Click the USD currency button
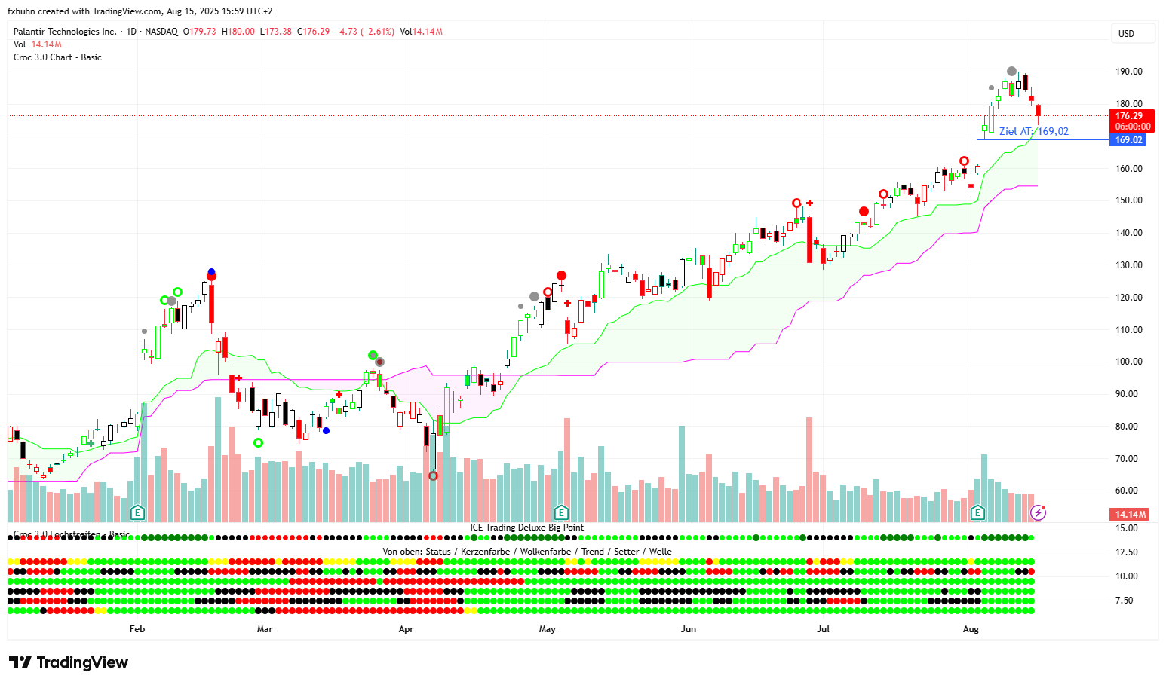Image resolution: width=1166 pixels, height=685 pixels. [x=1132, y=33]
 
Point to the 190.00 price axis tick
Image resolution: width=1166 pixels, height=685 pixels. [x=1128, y=72]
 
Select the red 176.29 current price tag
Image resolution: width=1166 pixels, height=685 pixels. [x=1131, y=121]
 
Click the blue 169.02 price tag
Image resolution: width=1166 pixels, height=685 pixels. [x=1128, y=140]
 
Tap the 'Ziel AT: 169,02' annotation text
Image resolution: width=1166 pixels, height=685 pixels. [x=1033, y=131]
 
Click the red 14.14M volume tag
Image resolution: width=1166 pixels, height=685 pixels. [x=1130, y=514]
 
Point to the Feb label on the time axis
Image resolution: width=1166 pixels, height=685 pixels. [x=137, y=628]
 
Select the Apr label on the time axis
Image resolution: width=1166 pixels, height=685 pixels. [x=406, y=628]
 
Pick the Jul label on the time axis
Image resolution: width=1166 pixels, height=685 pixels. [x=823, y=628]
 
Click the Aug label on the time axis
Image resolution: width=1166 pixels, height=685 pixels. [x=971, y=628]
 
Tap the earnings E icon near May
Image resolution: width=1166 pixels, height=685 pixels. [x=561, y=513]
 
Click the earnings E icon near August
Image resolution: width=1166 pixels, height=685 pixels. [x=977, y=513]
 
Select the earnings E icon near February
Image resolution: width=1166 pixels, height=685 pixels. [x=137, y=513]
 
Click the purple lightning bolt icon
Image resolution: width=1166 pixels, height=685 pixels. [x=1038, y=513]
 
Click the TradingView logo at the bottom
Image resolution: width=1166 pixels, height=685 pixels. [x=69, y=662]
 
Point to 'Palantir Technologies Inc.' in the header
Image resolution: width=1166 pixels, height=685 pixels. [x=65, y=32]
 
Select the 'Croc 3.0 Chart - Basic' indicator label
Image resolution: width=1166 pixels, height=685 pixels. [x=57, y=57]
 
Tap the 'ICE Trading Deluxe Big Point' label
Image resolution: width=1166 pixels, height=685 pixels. [x=526, y=528]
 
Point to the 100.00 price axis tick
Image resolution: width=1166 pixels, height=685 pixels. [x=1128, y=362]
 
